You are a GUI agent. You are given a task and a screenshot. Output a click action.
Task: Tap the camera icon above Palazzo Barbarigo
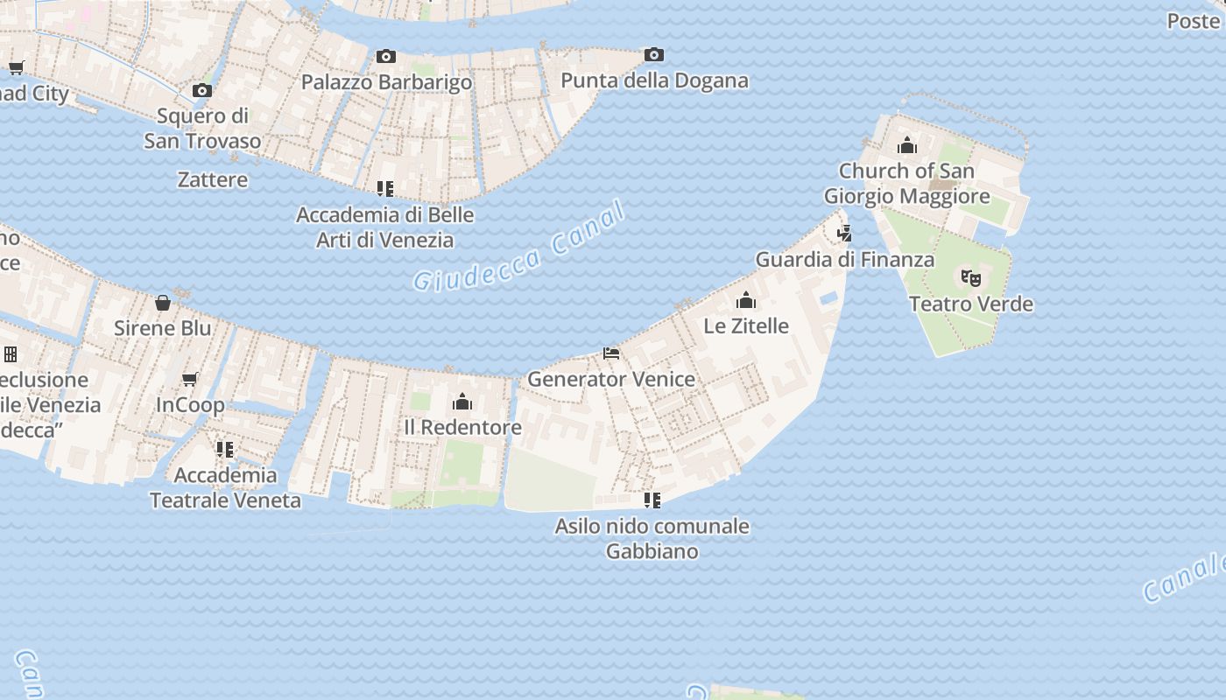pyautogui.click(x=386, y=57)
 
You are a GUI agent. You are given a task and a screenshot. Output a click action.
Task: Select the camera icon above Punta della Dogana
pyautogui.click(x=653, y=55)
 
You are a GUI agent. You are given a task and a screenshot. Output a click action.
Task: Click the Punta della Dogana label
pyautogui.click(x=654, y=81)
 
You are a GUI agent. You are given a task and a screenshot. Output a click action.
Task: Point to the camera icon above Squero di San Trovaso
pyautogui.click(x=202, y=90)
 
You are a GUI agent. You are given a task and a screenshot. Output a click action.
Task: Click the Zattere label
pyautogui.click(x=213, y=180)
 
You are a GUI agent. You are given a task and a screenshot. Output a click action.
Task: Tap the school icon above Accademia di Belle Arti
pyautogui.click(x=384, y=188)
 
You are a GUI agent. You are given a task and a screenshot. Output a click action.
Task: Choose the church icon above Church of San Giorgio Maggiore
pyautogui.click(x=907, y=145)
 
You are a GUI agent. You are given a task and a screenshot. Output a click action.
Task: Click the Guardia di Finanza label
pyautogui.click(x=845, y=260)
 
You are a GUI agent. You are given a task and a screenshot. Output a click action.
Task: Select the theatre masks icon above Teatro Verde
pyautogui.click(x=970, y=278)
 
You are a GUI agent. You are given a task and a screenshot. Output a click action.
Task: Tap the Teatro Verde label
pyautogui.click(x=971, y=304)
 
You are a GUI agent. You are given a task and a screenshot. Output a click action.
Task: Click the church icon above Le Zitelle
pyautogui.click(x=746, y=301)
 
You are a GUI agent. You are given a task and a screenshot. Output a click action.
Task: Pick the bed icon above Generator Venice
pyautogui.click(x=611, y=353)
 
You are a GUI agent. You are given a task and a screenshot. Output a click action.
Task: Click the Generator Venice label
pyautogui.click(x=611, y=380)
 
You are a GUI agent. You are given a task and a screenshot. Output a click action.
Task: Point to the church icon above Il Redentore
pyautogui.click(x=462, y=402)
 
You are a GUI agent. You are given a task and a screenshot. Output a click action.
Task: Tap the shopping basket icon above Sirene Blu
pyautogui.click(x=163, y=303)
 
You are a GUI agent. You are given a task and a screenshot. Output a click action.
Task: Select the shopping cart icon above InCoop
pyautogui.click(x=190, y=379)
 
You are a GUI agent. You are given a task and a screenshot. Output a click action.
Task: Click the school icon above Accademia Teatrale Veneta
pyautogui.click(x=225, y=450)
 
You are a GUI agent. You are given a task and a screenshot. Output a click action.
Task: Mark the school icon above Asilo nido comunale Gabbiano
pyautogui.click(x=652, y=500)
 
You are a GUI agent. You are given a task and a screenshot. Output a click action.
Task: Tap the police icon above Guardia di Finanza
pyautogui.click(x=844, y=234)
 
